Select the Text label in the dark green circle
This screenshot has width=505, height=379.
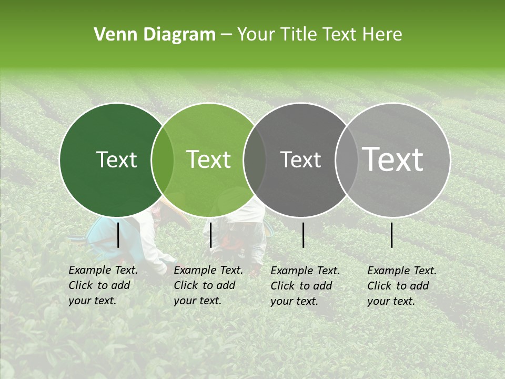pyautogui.click(x=116, y=159)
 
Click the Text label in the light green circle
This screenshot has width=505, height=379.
pyautogui.click(x=209, y=159)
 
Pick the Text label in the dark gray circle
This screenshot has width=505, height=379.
pyautogui.click(x=300, y=159)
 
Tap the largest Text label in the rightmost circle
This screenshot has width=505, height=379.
pyautogui.click(x=393, y=159)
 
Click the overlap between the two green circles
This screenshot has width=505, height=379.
pyautogui.click(x=163, y=160)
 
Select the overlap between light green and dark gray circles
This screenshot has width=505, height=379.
pyautogui.click(x=255, y=160)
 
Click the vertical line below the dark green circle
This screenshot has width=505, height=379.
pyautogui.click(x=118, y=235)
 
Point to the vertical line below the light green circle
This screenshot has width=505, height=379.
pyautogui.click(x=211, y=235)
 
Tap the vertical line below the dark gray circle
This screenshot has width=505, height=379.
pyautogui.click(x=304, y=235)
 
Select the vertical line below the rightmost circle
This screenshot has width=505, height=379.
pyautogui.click(x=392, y=235)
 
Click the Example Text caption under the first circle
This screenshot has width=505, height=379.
pyautogui.click(x=103, y=285)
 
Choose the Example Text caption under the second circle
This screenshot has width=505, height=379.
pyautogui.click(x=208, y=285)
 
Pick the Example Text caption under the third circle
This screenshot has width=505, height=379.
pyautogui.click(x=305, y=286)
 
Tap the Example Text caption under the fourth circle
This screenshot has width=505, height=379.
pyautogui.click(x=401, y=286)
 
